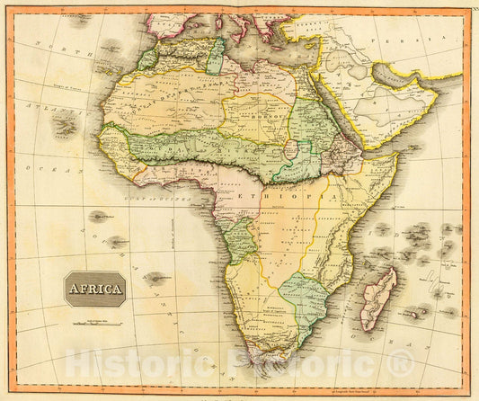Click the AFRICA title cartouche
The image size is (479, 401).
click(x=94, y=289)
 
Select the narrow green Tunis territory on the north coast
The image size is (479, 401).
click(x=215, y=55)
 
